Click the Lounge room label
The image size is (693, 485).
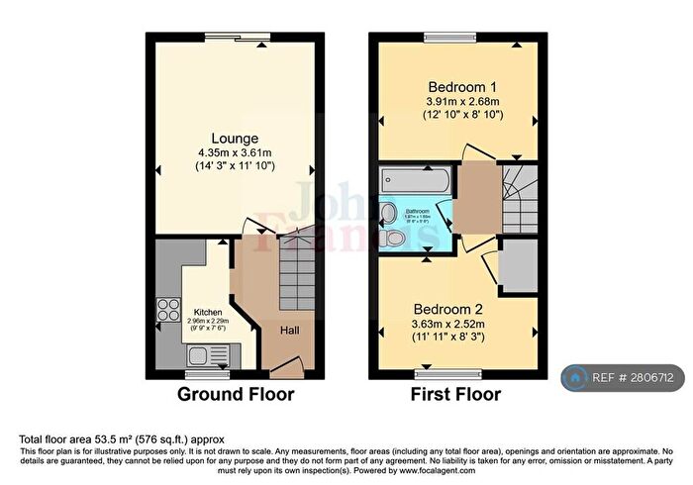[235, 138]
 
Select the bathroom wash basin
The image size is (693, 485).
[390, 212]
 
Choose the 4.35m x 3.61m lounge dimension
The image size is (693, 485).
[235, 153]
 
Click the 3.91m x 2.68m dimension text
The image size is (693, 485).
[456, 100]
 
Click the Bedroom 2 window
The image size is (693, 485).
[435, 375]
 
